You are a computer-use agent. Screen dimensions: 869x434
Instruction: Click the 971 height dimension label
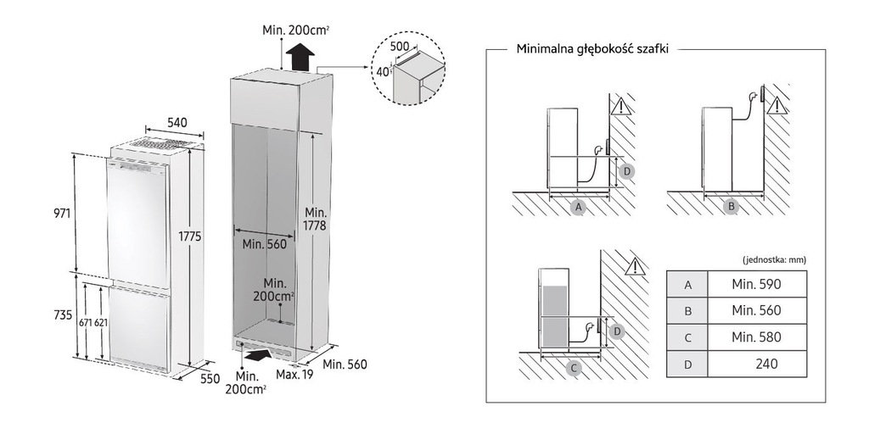62,213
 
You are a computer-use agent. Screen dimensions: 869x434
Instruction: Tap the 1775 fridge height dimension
189,236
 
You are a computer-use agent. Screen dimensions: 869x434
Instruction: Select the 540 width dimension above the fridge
177,122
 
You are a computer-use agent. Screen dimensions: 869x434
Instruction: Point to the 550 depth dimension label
210,379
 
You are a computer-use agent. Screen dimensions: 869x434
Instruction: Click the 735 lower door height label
63,315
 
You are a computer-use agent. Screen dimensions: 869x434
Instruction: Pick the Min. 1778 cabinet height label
315,220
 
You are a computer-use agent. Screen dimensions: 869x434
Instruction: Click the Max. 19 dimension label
294,375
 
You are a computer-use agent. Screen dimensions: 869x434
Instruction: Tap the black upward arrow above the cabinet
300,56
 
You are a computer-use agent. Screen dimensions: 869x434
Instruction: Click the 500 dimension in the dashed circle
399,47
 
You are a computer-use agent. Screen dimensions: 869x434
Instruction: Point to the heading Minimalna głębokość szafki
591,48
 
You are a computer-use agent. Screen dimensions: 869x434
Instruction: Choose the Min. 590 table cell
756,285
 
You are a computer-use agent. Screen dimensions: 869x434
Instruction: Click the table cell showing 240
756,364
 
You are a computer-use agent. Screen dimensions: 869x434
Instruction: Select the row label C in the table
687,337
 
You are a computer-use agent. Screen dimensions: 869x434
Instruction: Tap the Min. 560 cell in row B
756,311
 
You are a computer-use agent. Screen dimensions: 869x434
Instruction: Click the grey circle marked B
732,207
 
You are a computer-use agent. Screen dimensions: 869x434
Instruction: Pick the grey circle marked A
579,207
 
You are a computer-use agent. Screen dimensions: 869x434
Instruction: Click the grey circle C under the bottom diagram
574,368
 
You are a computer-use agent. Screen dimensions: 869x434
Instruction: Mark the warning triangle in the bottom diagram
635,267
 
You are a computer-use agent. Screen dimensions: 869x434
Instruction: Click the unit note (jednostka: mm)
774,259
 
